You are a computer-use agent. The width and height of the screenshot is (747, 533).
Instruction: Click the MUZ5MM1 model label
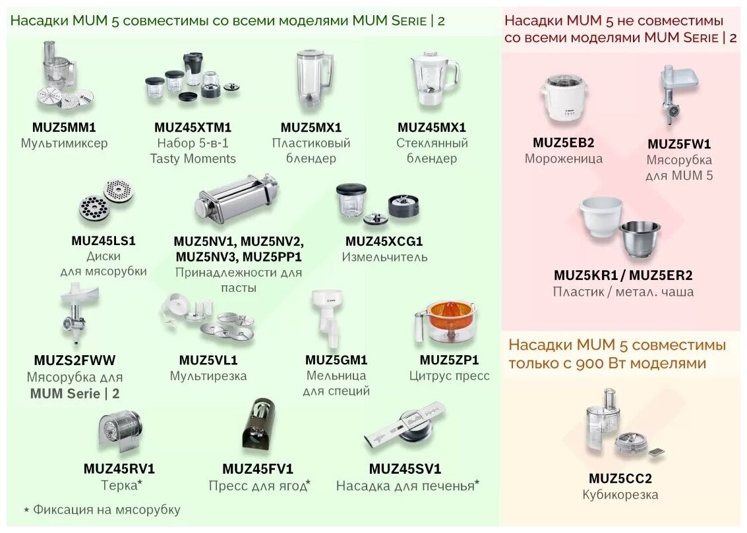(x=63, y=127)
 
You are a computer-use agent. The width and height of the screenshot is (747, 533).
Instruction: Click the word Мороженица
(x=563, y=158)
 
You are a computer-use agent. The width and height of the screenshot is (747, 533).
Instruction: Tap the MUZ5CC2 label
(x=620, y=478)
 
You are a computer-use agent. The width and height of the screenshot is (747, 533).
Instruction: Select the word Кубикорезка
(x=620, y=495)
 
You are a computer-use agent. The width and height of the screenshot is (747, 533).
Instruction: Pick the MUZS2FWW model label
(x=74, y=361)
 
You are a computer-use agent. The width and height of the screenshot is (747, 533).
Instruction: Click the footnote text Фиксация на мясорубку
(x=106, y=509)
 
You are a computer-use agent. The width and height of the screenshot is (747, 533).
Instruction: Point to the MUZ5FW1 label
(x=679, y=144)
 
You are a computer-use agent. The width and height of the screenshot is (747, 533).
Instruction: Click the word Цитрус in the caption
(x=429, y=376)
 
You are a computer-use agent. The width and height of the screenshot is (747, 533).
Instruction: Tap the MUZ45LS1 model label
(x=103, y=240)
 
